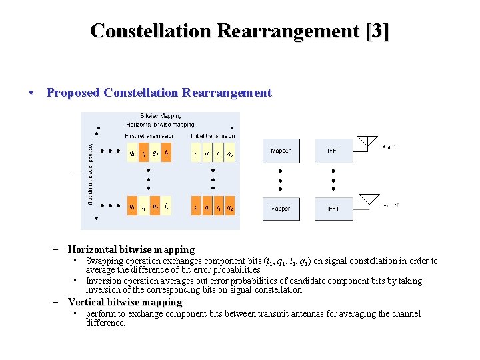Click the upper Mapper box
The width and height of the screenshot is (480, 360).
click(x=281, y=151)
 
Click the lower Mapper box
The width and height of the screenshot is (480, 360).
click(x=281, y=209)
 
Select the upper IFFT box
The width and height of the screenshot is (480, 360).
click(x=333, y=151)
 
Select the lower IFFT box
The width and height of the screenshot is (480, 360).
click(x=333, y=209)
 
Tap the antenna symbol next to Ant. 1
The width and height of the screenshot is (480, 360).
click(x=369, y=142)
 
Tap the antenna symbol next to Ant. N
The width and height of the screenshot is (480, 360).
click(x=369, y=199)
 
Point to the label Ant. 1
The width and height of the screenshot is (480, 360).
click(x=389, y=147)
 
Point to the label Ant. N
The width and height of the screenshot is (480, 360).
click(x=391, y=205)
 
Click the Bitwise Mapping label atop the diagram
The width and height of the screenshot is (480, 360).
click(x=161, y=116)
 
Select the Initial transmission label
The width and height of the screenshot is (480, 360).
click(x=213, y=136)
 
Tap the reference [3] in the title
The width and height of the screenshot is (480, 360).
click(x=377, y=31)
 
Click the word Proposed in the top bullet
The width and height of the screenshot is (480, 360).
click(x=72, y=93)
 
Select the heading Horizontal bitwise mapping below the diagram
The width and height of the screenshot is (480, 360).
click(x=131, y=249)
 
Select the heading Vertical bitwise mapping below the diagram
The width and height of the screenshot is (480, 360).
click(x=125, y=302)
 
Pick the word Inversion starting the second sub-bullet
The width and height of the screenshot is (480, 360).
click(x=105, y=281)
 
